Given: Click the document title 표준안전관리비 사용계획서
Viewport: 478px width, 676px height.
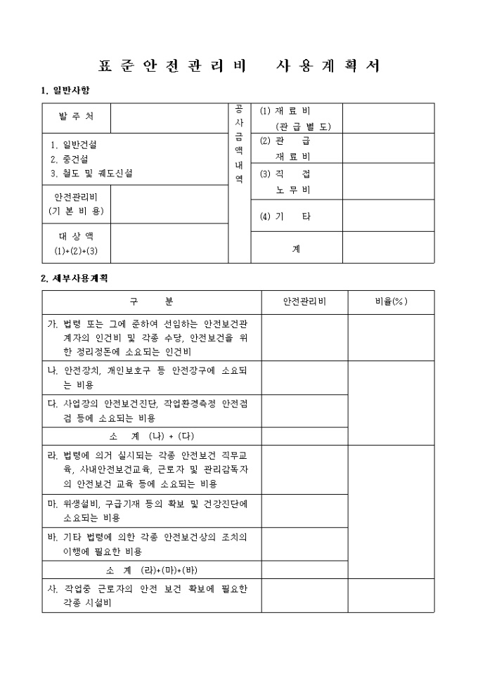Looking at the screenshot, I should point(240,66).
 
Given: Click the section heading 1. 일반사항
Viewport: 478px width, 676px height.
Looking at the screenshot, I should point(66,91).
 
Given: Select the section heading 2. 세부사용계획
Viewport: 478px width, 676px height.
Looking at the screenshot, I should point(75,278).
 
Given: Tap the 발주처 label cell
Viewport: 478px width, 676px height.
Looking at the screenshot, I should point(75,117).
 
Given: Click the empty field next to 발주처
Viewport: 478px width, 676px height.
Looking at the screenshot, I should point(169,117).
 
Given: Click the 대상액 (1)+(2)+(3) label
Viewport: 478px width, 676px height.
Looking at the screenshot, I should point(75,243).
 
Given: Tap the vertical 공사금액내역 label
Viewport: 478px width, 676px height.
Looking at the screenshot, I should point(239,144).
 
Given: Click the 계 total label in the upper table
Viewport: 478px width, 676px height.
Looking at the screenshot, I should point(296,247).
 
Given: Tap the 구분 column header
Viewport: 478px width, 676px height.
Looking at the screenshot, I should point(151,302).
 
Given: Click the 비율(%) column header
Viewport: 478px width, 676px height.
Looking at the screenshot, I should point(391,302).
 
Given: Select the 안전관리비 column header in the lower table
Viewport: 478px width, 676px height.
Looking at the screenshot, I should point(304,302).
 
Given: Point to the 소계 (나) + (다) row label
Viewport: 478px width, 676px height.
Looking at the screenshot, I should point(151,436).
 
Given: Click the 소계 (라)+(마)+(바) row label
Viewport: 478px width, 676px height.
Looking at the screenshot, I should point(151,570).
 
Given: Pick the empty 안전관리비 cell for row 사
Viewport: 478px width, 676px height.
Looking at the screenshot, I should point(304,596).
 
